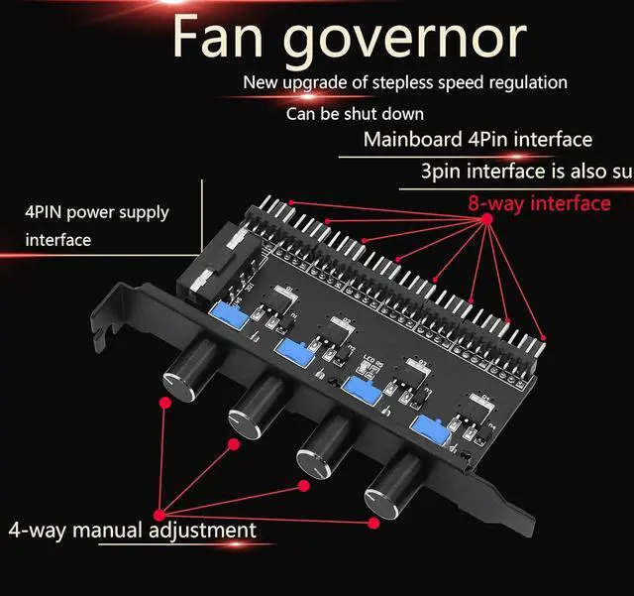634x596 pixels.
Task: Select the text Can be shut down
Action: [x=355, y=114]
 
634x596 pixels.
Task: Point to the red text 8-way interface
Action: [x=539, y=203]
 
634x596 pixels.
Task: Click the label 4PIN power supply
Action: [x=97, y=212]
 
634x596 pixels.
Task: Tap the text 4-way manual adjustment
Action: [x=132, y=530]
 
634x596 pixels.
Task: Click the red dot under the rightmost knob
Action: [x=372, y=522]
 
